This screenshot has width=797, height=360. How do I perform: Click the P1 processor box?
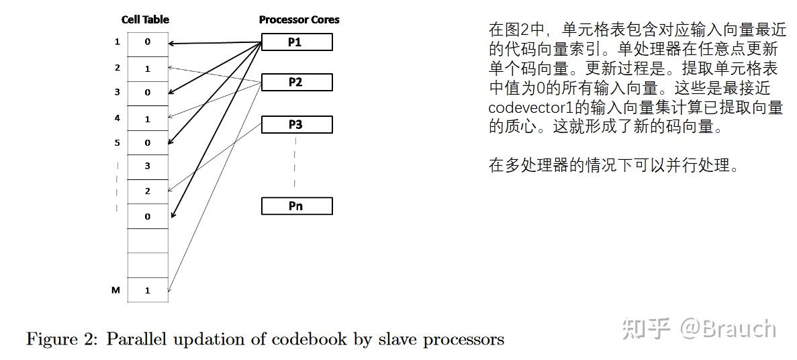[x=296, y=42]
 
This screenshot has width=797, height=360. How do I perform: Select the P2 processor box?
[x=296, y=83]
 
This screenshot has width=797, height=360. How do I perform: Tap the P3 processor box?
[x=296, y=125]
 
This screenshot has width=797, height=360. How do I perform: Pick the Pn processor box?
[x=296, y=206]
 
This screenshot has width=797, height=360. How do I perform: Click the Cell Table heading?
[x=145, y=19]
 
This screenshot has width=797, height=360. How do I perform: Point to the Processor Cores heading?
[x=299, y=19]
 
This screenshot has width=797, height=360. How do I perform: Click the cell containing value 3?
[x=148, y=166]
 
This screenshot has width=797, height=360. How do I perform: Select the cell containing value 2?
[x=148, y=191]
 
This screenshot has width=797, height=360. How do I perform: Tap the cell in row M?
[x=148, y=290]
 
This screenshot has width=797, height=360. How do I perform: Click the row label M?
[x=115, y=290]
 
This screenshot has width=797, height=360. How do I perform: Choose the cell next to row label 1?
[x=148, y=42]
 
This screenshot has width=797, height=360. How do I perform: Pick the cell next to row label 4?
[x=148, y=118]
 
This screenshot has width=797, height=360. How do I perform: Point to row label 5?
[x=117, y=142]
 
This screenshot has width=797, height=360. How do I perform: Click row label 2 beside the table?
[x=117, y=68]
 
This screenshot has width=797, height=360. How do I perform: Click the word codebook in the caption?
[x=305, y=339]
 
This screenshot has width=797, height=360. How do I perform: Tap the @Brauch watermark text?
[x=728, y=328]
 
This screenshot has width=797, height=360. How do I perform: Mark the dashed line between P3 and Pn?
[x=295, y=163]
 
